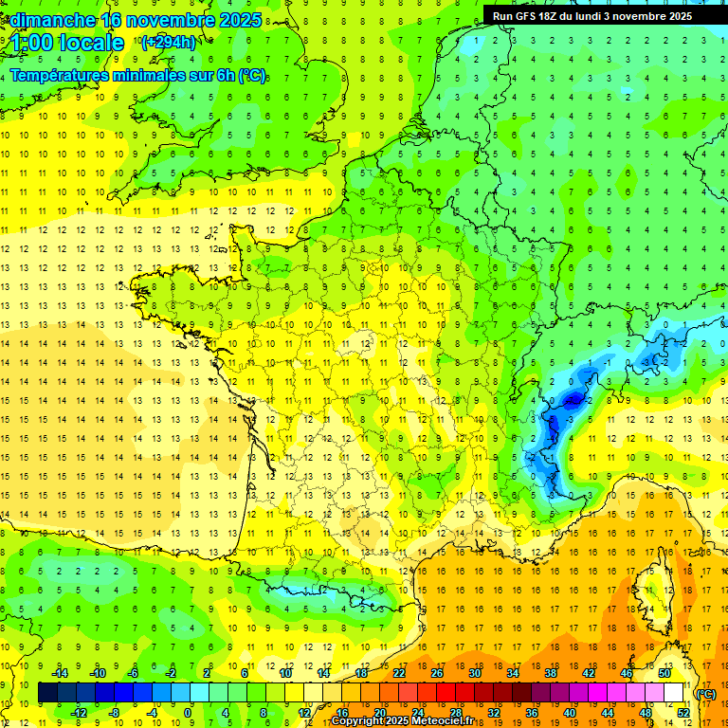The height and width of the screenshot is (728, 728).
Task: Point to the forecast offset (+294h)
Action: pyautogui.click(x=169, y=42)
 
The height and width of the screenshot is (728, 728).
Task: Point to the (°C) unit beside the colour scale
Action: pyautogui.click(x=706, y=694)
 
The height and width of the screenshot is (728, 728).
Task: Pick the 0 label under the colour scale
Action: pyautogui.click(x=188, y=713)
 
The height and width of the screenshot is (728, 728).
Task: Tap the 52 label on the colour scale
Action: pyautogui.click(x=683, y=713)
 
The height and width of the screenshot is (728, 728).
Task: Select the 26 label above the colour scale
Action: pyautogui.click(x=437, y=673)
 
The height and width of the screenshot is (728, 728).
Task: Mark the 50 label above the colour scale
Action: pyautogui.click(x=664, y=673)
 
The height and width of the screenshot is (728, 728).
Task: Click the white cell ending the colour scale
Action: pyautogui.click(x=674, y=694)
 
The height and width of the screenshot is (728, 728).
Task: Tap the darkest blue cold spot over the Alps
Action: pyautogui.click(x=572, y=400)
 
